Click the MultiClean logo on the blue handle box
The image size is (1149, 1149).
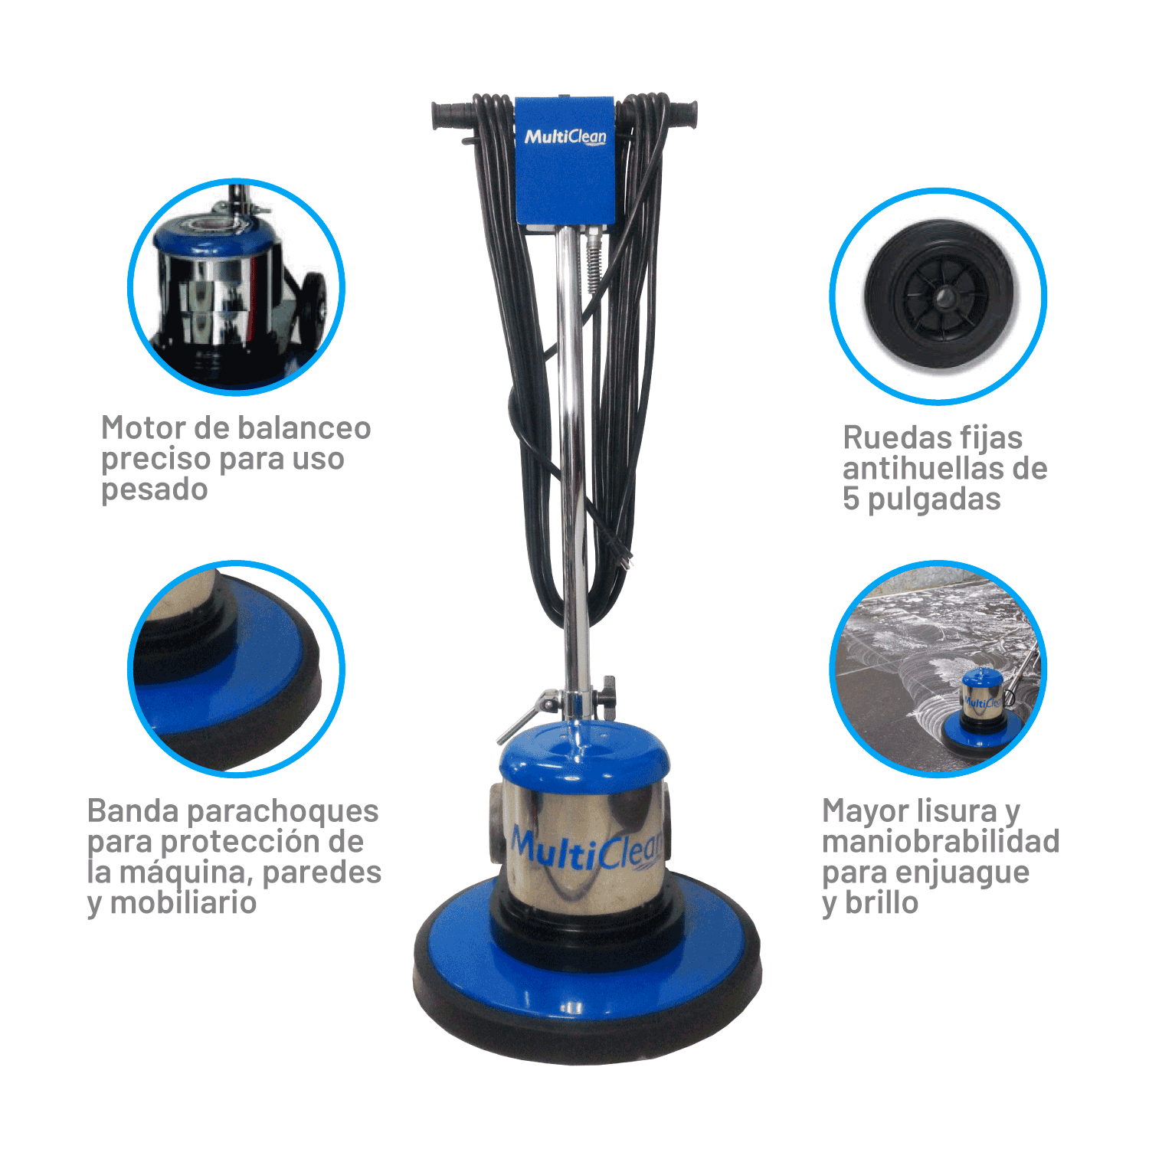click(x=565, y=137)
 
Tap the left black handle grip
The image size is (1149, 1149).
click(x=453, y=116)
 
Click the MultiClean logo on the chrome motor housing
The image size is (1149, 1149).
click(x=586, y=848)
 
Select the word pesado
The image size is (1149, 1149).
click(x=154, y=490)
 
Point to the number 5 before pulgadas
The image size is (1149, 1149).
click(x=850, y=499)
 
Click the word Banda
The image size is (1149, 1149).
click(x=133, y=811)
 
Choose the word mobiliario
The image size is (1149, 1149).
click(x=183, y=903)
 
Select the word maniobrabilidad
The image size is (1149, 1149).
click(x=941, y=842)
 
